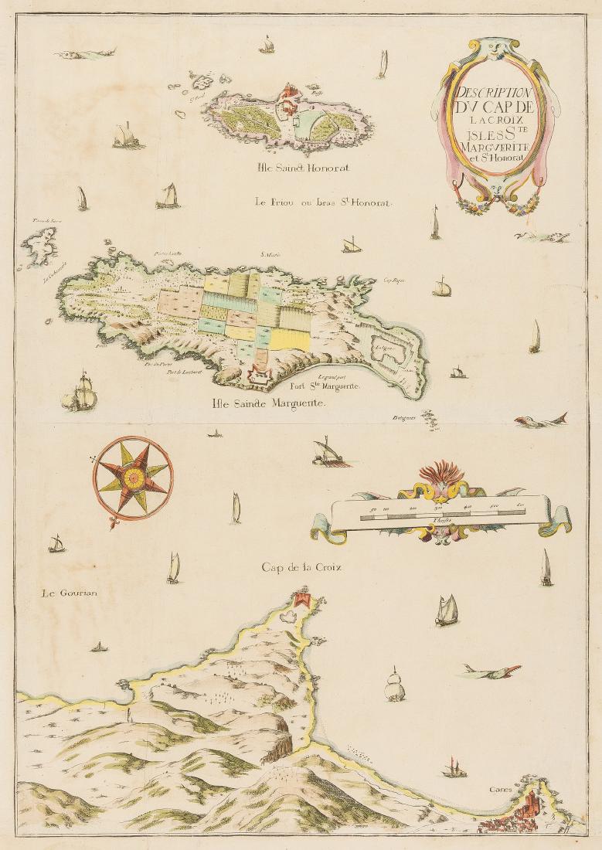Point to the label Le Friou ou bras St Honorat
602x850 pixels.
pos(322,202)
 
